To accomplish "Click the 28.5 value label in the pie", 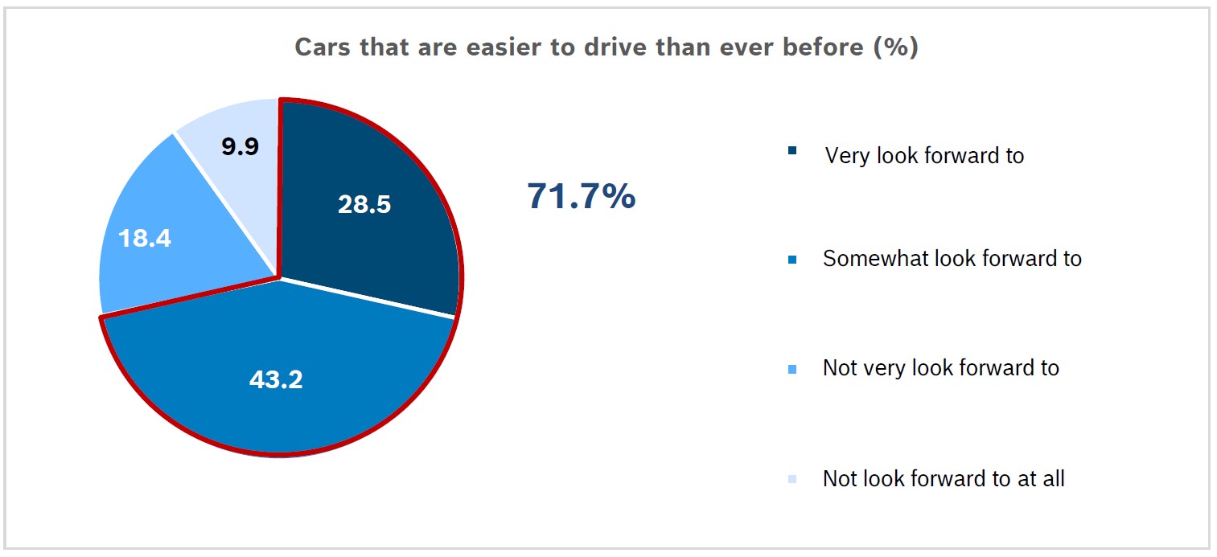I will tap(364, 204).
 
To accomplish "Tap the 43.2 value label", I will tap(276, 380).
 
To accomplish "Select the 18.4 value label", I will tap(145, 239).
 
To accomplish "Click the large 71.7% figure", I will tap(581, 196).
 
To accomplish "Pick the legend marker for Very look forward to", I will tap(793, 150).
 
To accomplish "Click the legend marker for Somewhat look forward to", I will tap(793, 260).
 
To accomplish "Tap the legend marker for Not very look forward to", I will tap(793, 370).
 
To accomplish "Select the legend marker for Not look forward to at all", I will tap(793, 480).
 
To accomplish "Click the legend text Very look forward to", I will tap(924, 155).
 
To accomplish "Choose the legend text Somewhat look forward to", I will tap(952, 259).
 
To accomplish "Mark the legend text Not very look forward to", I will tap(940, 369).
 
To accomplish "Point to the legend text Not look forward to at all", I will tap(943, 479).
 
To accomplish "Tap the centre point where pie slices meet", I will tap(279, 278).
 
